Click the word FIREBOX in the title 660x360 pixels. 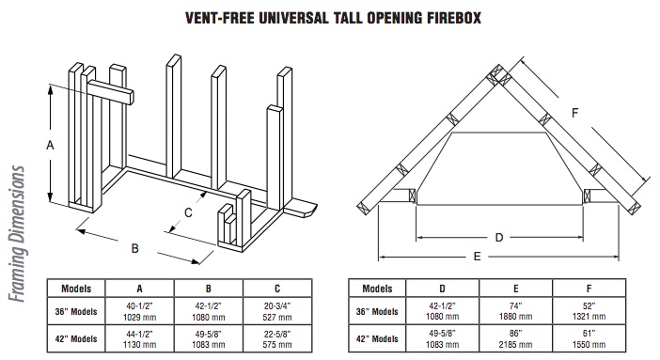pos(454,18)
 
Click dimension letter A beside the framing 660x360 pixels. pos(50,146)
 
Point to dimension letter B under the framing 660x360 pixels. pos(134,248)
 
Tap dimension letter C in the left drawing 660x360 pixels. pos(188,212)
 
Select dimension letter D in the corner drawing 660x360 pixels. pos(499,238)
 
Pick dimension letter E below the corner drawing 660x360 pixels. pos(477,257)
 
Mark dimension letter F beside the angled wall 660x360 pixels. pos(575,113)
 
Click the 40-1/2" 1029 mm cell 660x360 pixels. pos(139,311)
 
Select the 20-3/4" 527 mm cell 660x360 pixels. pos(277,311)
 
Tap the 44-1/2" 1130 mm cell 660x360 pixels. pos(139,338)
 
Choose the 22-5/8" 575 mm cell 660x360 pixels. pos(277,338)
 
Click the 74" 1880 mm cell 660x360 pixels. pos(515,311)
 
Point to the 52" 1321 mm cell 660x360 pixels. pos(589,311)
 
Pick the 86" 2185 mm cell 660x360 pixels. pos(515,338)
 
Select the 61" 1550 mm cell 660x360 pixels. pos(589,338)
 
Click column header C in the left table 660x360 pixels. pos(277,289)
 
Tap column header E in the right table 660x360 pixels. pos(515,289)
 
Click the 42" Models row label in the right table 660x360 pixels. pos(377,338)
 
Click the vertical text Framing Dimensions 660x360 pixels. pos(17,234)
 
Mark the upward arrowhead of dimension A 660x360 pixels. pos(51,88)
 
